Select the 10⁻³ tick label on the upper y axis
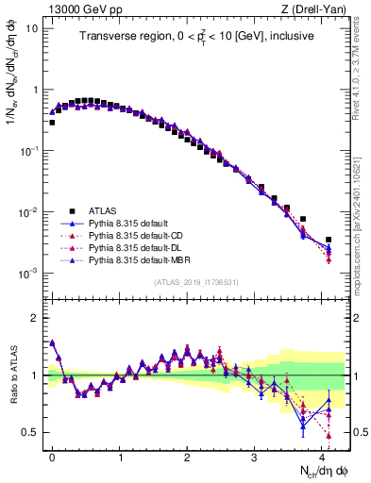tap(28, 273)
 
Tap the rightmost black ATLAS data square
tap(329, 240)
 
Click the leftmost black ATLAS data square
tap(52, 123)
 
